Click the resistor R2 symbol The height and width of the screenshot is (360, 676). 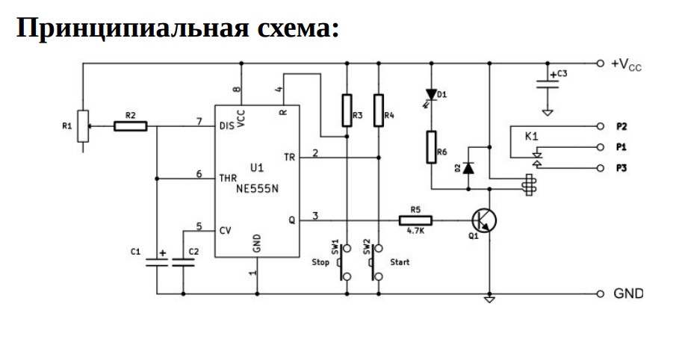point(130,126)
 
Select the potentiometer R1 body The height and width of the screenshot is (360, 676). point(83,126)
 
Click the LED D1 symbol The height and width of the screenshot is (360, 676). point(431,96)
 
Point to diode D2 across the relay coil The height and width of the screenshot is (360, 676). point(468,168)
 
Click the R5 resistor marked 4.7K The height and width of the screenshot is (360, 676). point(415,221)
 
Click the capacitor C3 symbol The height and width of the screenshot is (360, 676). point(548,84)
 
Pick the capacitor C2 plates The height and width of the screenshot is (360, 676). point(183,263)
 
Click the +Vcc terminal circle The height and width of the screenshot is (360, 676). point(600,63)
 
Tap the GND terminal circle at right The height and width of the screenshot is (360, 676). point(600,294)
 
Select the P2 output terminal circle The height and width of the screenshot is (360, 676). point(600,126)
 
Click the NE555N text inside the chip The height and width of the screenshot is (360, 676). point(258,188)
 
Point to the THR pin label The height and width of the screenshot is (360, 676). point(228,178)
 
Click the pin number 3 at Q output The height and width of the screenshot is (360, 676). point(315,216)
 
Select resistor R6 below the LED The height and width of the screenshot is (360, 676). point(431,147)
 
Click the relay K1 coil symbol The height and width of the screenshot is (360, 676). point(529,184)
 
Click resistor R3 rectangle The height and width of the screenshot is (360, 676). point(347,111)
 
